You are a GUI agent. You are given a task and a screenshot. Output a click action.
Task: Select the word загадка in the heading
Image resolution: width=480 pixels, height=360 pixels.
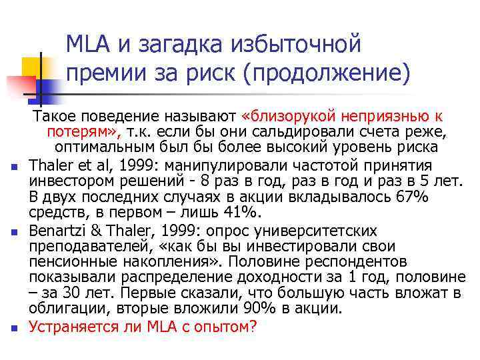(x=173, y=45)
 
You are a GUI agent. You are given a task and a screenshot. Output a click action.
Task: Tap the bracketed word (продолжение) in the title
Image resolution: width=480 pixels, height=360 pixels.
(x=326, y=73)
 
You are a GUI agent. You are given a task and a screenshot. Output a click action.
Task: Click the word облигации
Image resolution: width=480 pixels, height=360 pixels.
(x=67, y=309)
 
